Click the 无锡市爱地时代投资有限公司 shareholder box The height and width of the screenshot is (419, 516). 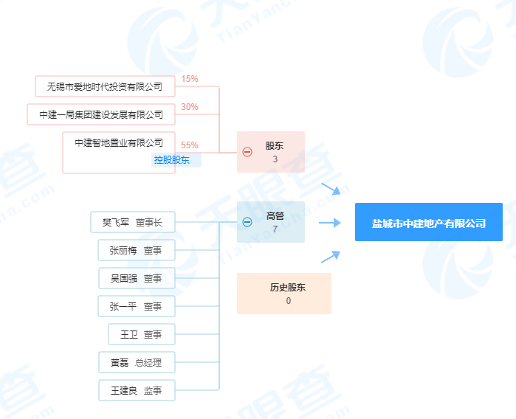click(105, 86)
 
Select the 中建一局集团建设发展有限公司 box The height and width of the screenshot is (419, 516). click(101, 114)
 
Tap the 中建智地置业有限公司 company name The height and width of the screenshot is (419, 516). click(119, 142)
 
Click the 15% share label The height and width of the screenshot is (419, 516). click(190, 79)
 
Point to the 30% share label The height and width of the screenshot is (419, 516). click(190, 107)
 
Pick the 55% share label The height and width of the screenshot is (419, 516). click(190, 145)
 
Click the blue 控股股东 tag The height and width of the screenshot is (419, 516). click(176, 160)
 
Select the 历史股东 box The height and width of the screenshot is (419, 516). click(284, 294)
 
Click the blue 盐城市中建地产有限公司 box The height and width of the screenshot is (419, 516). click(429, 222)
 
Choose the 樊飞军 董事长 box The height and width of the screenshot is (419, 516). click(133, 222)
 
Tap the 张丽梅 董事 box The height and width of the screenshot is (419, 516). click(137, 250)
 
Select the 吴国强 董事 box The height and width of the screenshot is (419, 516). click(137, 278)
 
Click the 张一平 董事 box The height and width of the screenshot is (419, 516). click(137, 306)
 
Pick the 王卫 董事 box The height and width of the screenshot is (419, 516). click(142, 334)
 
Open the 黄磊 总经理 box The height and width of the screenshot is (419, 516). click(137, 362)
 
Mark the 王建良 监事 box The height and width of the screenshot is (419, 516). click(137, 390)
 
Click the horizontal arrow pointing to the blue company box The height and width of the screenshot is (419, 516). click(330, 223)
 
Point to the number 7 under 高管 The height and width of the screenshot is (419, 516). click(275, 229)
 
